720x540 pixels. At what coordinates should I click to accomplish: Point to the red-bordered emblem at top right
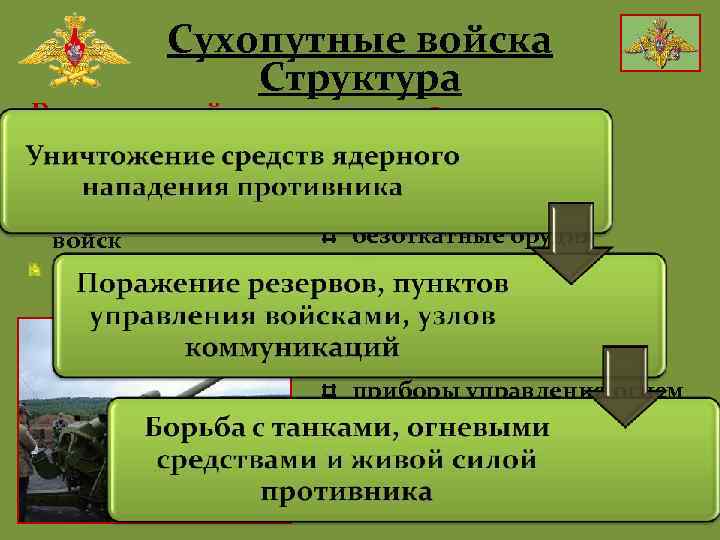click(660, 43)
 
